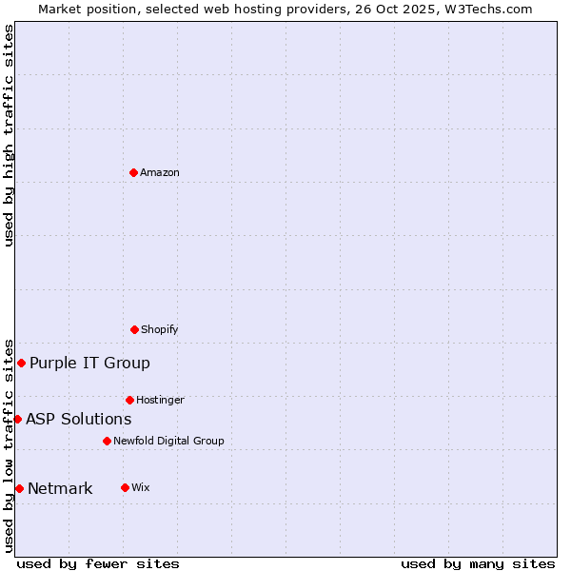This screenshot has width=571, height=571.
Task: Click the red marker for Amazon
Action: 133,172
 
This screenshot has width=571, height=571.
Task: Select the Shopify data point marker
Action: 134,329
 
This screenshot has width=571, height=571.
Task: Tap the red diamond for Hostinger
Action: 129,400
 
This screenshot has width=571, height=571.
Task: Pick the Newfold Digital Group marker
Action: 107,441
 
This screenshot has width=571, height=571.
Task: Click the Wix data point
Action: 125,487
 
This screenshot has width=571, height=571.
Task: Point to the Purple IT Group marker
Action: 21,363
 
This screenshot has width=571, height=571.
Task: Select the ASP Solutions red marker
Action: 17,419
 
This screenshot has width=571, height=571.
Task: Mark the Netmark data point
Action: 19,488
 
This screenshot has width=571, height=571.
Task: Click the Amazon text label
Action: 160,172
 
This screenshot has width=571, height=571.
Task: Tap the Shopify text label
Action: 160,329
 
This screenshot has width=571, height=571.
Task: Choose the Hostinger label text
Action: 160,400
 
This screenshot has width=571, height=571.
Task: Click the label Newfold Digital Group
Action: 168,441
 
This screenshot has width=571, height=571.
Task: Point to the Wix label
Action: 141,487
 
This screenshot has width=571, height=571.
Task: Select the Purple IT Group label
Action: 89,363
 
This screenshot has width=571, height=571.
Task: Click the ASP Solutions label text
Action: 79,419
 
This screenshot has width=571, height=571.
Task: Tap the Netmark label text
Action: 60,488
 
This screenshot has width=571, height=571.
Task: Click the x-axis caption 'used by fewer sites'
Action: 98,563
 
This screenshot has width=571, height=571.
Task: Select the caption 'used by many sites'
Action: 478,563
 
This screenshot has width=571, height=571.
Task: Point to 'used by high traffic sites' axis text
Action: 9,135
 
